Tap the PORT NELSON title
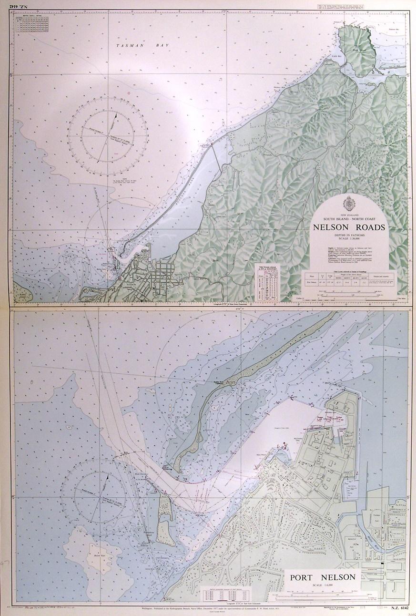tap(323, 577)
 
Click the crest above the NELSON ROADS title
tap(350, 203)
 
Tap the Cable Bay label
tap(337, 55)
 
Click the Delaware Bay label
tap(392, 29)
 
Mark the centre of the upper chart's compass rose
tap(108, 135)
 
